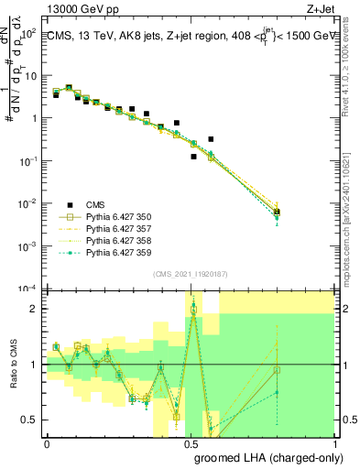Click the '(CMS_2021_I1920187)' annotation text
190,275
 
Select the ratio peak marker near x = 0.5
193,310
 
